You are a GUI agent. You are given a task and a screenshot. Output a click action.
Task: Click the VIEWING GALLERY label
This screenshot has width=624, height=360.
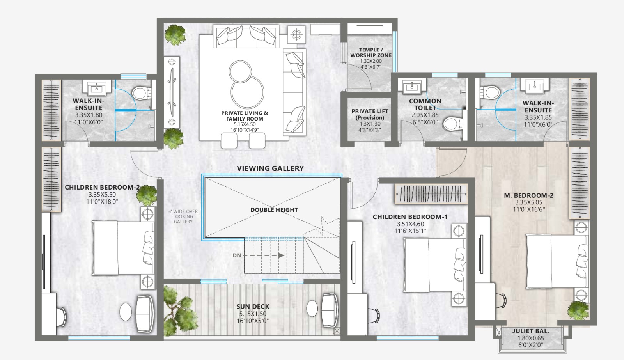point(270,168)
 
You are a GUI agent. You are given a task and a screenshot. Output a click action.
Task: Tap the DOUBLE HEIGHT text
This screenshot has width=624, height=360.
point(274,210)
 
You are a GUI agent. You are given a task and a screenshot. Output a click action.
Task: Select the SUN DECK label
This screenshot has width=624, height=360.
point(253,307)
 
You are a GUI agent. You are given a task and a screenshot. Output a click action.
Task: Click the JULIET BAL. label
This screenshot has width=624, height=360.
point(531,331)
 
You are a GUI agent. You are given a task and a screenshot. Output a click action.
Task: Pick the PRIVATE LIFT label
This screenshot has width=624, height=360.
point(370,111)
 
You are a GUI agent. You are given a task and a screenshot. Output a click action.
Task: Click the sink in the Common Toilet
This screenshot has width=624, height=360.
point(412,86)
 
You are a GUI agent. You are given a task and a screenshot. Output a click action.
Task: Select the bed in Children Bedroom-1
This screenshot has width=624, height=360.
point(434,265)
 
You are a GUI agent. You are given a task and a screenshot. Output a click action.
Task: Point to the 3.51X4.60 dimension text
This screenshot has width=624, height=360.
point(410,224)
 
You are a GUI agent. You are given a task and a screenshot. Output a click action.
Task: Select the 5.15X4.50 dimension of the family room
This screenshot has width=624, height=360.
point(245,124)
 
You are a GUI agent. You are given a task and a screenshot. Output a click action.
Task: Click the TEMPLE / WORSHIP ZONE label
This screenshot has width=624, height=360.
point(371,53)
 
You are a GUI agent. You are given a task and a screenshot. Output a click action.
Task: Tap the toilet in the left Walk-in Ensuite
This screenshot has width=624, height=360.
point(142,93)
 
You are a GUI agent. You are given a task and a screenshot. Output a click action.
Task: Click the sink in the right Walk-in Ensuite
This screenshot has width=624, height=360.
point(534,85)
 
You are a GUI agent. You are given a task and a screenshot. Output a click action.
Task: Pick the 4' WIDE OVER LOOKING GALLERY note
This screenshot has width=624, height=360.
point(183,216)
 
